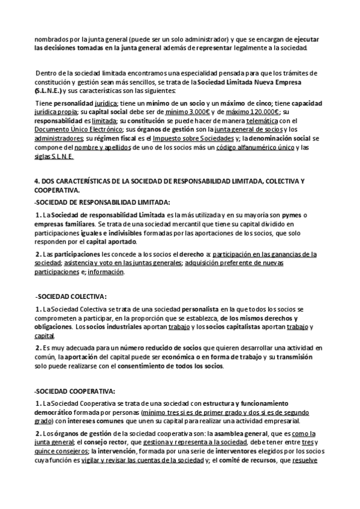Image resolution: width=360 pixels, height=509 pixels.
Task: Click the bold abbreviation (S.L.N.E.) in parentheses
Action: tap(49, 91)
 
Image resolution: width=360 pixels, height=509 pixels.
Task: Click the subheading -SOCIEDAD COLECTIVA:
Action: tap(71, 297)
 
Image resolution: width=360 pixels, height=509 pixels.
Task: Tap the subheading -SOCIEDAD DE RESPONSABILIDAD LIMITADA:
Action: tap(102, 202)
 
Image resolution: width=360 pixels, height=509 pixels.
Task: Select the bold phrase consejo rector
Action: tap(103, 442)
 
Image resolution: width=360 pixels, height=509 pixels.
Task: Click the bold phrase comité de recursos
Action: tap(244, 460)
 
